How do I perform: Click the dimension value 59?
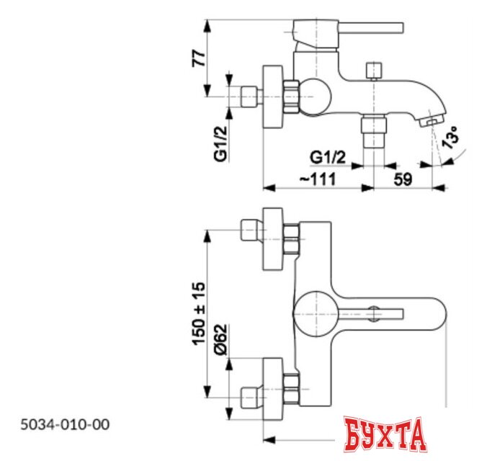click(403, 180)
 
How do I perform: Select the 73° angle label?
click(450, 138)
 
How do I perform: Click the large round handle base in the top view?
click(314, 313)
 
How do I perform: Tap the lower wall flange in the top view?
click(274, 390)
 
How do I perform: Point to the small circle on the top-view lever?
click(374, 313)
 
